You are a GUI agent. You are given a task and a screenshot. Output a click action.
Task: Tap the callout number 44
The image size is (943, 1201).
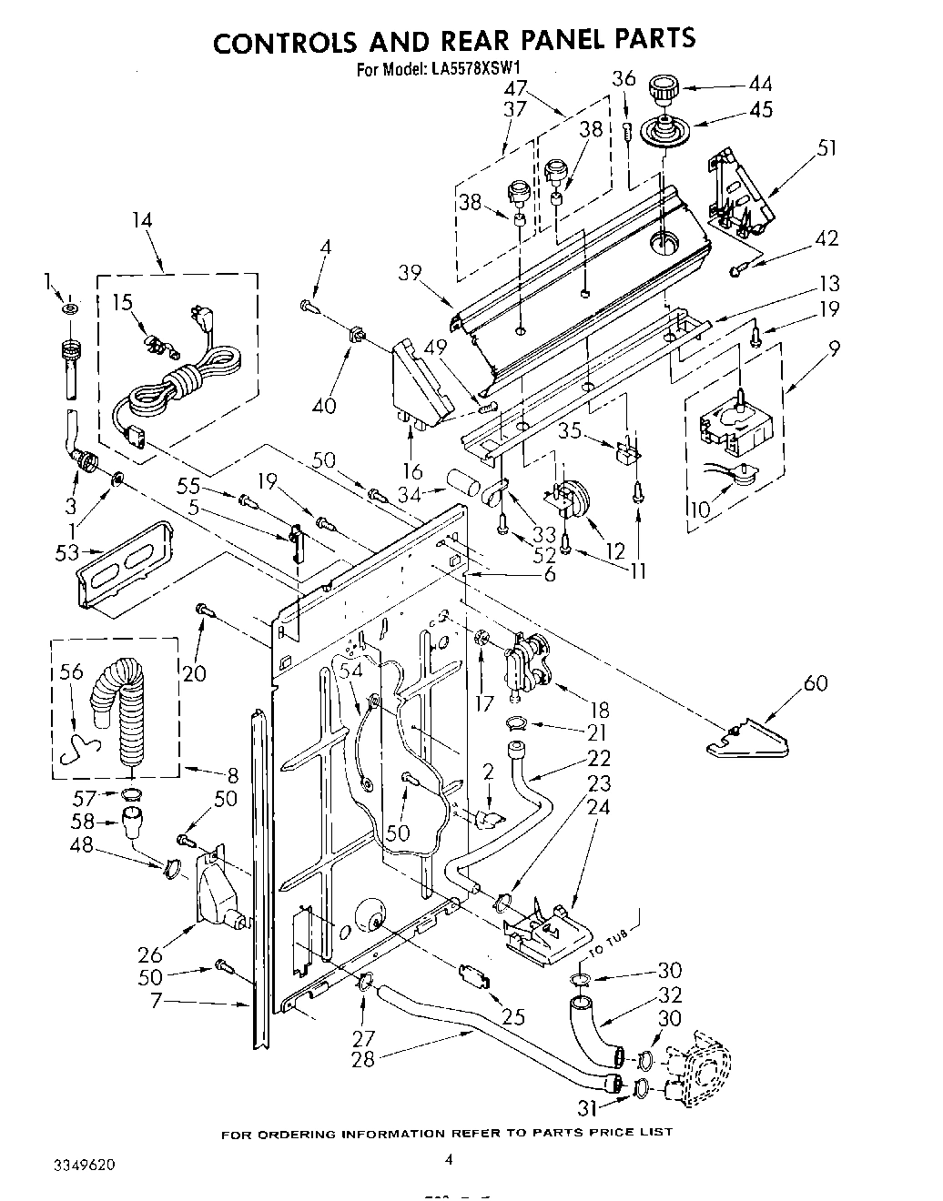tap(760, 85)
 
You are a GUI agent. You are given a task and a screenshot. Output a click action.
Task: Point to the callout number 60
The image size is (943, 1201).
tap(816, 681)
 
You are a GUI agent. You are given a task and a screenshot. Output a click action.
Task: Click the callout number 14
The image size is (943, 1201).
tap(141, 220)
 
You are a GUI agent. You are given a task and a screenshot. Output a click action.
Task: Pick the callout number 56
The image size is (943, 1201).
tap(71, 672)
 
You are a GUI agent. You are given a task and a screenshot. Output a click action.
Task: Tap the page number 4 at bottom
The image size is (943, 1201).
tap(448, 1158)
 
